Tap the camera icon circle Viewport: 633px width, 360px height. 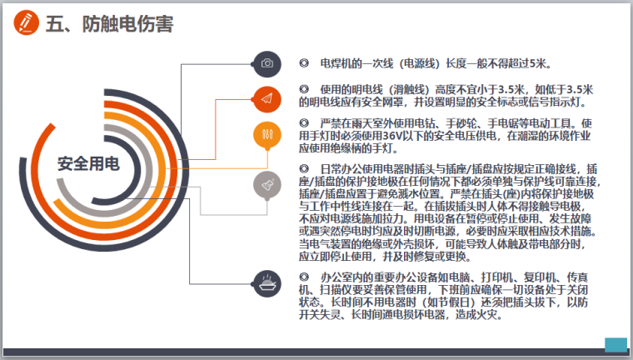267,63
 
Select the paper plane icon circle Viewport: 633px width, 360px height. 267,98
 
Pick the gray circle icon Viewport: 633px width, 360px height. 267,182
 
